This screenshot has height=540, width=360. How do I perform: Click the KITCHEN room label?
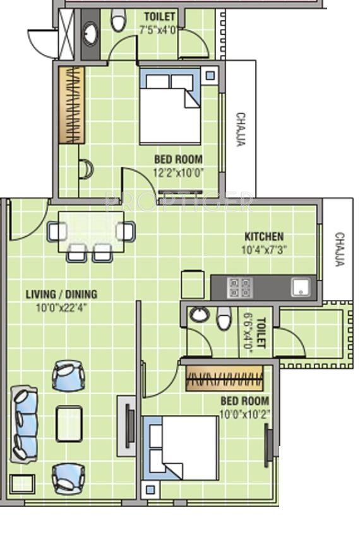(264, 237)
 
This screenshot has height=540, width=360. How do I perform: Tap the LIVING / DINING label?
(62, 294)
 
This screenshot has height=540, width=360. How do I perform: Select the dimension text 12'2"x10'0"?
(178, 172)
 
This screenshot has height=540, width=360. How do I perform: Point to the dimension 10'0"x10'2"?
(244, 414)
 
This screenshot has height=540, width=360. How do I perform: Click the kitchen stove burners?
(240, 287)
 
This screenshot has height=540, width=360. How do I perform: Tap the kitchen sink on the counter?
(301, 287)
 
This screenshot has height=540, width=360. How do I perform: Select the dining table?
(92, 232)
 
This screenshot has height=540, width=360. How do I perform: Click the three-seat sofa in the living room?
(24, 424)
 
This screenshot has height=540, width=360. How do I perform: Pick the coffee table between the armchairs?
(69, 424)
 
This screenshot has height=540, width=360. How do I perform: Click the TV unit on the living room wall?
(127, 426)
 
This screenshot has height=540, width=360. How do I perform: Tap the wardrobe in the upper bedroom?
(71, 105)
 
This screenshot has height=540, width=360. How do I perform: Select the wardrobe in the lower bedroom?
(224, 378)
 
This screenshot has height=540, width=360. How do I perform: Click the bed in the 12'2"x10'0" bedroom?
(170, 106)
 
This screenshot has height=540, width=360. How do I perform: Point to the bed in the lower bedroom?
(181, 448)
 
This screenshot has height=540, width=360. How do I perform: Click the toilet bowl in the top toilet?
(118, 21)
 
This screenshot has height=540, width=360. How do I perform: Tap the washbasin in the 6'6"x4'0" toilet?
(200, 314)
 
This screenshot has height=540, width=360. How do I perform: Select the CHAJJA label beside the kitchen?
(339, 249)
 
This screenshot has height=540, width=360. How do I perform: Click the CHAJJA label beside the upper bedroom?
(241, 129)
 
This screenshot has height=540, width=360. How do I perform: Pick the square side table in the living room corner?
(22, 484)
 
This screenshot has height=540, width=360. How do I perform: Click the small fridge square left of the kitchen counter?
(193, 284)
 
